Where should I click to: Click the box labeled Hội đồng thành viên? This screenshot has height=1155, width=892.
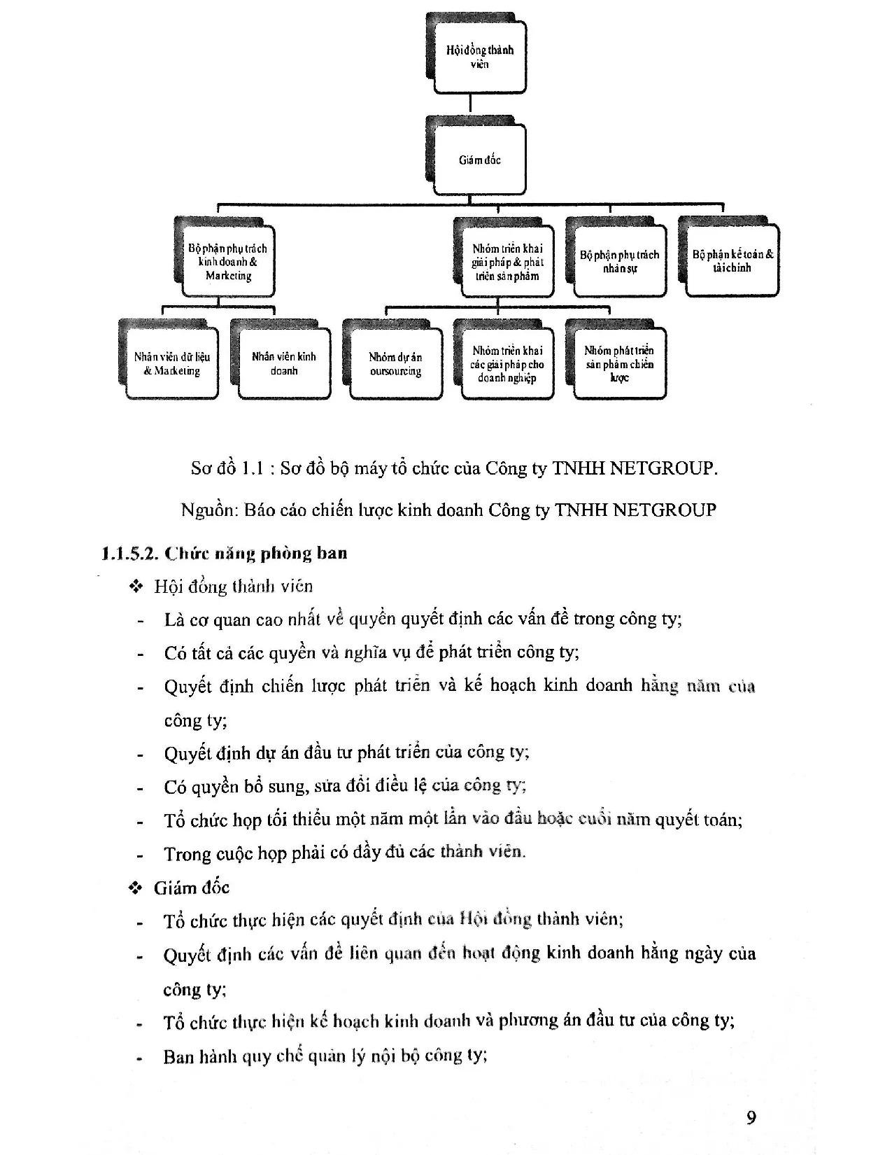tap(479, 57)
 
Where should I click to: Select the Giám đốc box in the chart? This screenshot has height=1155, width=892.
tap(479, 160)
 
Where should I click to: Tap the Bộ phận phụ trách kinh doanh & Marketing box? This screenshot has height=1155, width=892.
tap(227, 262)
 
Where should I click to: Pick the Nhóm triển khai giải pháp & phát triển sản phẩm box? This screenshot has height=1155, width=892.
tap(507, 262)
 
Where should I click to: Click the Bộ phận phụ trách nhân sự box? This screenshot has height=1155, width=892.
tap(619, 262)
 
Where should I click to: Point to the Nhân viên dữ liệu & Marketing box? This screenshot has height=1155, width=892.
tap(172, 363)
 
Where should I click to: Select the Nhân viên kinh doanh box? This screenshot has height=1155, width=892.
tap(284, 363)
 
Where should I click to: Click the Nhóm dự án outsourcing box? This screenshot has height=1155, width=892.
tap(395, 363)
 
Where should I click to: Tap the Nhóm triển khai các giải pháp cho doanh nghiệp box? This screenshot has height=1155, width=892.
tap(507, 363)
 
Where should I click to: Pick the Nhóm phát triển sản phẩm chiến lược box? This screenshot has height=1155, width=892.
tap(619, 363)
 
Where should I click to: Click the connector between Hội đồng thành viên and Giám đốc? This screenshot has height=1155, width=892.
tap(470, 104)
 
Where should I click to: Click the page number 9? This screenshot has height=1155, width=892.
tap(751, 1117)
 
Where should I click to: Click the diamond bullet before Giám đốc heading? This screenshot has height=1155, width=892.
tap(136, 888)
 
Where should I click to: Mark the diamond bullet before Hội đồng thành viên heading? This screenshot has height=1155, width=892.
tap(136, 587)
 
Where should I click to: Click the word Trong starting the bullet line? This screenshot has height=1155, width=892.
tap(187, 853)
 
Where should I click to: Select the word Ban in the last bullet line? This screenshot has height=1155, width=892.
tap(178, 1056)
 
